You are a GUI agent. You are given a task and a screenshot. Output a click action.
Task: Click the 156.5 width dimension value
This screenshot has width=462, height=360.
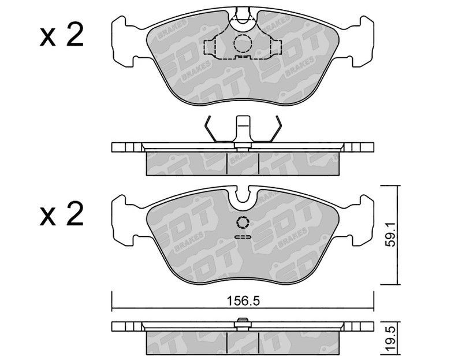(x=243, y=301)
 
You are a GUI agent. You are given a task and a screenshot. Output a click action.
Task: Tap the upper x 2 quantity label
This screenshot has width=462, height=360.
(x=62, y=35)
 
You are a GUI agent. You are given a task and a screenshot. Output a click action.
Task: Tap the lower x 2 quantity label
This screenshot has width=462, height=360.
(x=62, y=214)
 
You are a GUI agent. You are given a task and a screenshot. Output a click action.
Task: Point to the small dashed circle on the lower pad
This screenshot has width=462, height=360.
(x=243, y=222)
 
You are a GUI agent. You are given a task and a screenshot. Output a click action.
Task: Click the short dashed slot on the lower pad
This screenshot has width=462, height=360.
(x=243, y=237)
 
